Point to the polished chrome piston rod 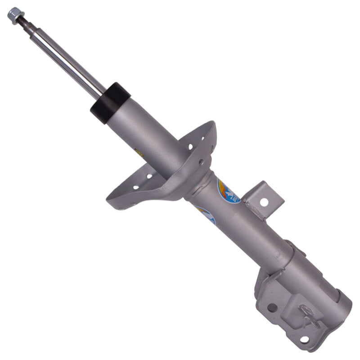[x=67, y=58]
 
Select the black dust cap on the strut [x=110, y=103]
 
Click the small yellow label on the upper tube [x=139, y=154]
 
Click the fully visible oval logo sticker [x=229, y=191]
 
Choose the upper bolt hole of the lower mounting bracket [x=272, y=307]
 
